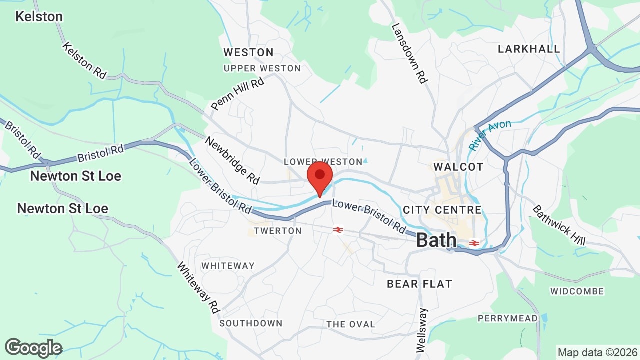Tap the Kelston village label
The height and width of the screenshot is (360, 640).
[x=39, y=16]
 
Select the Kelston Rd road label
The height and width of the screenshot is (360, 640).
[x=84, y=60]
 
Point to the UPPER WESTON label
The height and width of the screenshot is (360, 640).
[x=262, y=68]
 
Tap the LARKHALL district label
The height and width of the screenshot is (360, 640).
[x=529, y=49]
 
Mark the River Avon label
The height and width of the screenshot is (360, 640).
[x=490, y=135]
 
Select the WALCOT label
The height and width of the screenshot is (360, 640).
[x=458, y=167]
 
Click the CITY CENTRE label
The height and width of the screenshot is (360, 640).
[x=442, y=210]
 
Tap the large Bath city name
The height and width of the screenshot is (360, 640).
[x=436, y=240]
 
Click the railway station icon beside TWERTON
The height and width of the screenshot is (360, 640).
[x=338, y=230]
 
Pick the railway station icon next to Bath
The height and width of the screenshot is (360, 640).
[x=474, y=243]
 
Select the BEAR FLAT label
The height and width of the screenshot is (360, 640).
[x=419, y=284]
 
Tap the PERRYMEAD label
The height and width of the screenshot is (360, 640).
[x=507, y=318]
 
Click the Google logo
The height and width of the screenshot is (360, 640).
[x=33, y=348]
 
